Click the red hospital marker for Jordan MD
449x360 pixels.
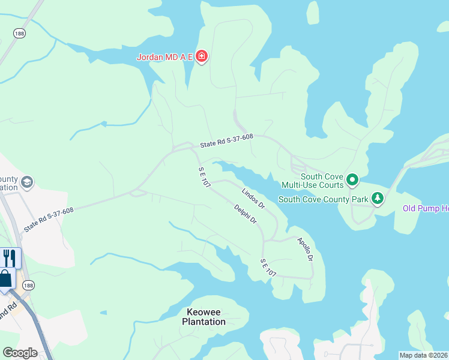click(202, 58)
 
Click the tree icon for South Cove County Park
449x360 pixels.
click(378, 198)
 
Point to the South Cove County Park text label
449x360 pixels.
click(323, 199)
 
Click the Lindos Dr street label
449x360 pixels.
click(253, 198)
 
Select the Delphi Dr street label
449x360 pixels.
click(246, 214)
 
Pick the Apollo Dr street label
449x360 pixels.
click(306, 248)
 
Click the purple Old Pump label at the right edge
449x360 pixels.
click(425, 209)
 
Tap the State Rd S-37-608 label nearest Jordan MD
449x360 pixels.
click(227, 140)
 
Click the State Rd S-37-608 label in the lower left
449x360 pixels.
click(49, 220)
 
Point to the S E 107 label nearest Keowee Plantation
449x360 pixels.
click(268, 268)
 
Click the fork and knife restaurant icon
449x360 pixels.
click(9, 258)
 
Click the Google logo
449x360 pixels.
click(20, 353)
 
